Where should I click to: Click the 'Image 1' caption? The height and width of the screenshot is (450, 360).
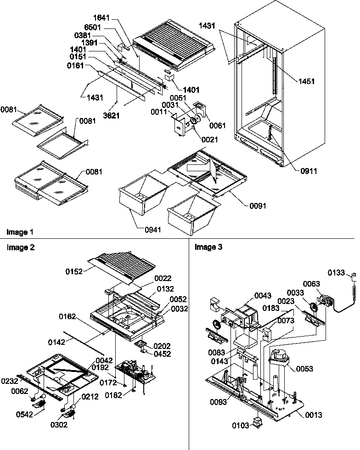pyautogui.click(x=20, y=231)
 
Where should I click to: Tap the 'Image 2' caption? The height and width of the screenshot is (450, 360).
pyautogui.click(x=20, y=247)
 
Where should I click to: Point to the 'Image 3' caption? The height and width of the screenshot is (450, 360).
pyautogui.click(x=208, y=247)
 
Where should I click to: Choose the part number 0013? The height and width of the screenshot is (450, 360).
pyautogui.click(x=312, y=415)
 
